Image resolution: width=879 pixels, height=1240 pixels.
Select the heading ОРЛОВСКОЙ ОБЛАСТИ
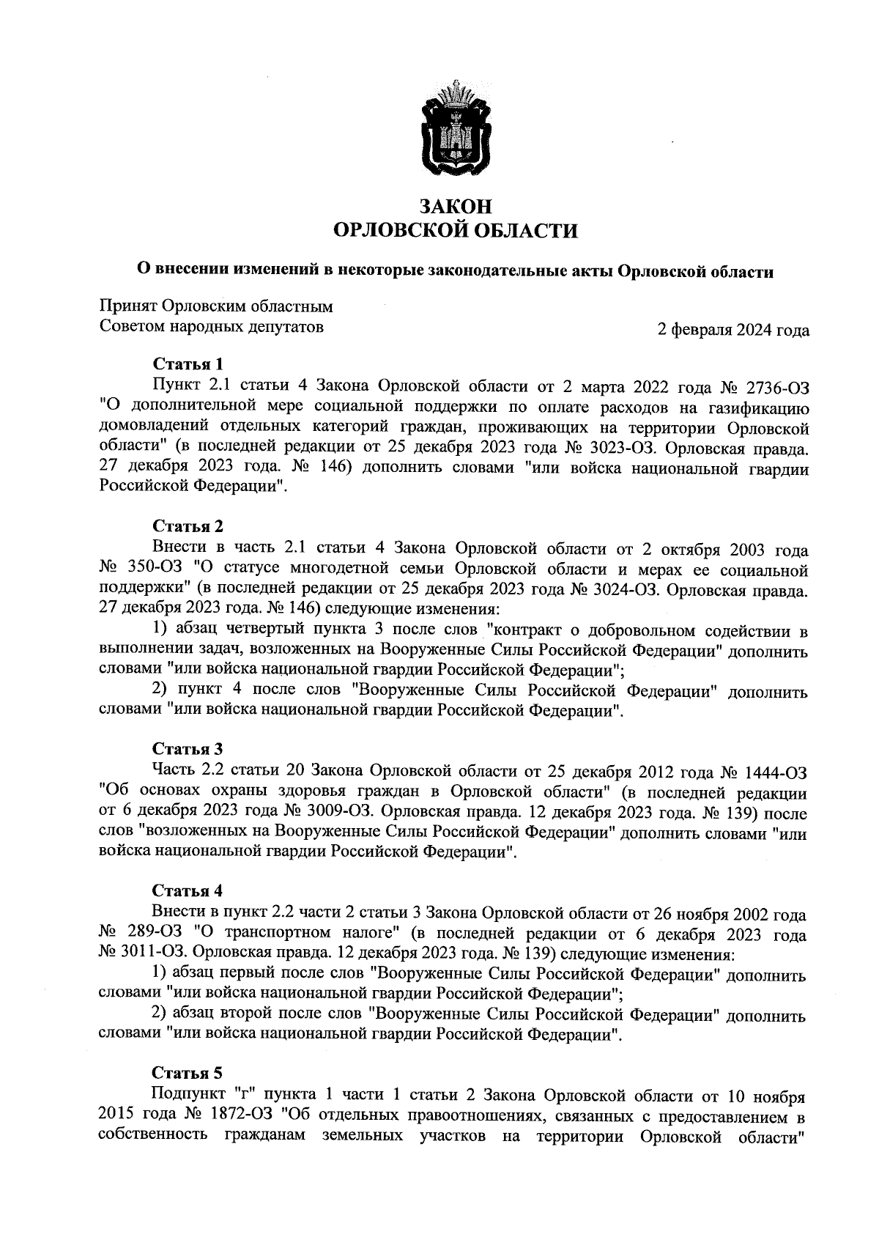click(x=455, y=232)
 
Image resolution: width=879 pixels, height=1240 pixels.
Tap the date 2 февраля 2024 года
click(x=733, y=331)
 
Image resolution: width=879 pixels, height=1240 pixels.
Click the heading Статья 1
click(x=187, y=364)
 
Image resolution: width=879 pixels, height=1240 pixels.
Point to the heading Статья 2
click(x=188, y=526)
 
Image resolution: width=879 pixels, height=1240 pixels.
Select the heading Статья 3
click(x=188, y=749)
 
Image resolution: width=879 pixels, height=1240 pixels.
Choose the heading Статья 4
click(x=188, y=890)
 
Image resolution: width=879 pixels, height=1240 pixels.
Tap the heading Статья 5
click(x=187, y=1074)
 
